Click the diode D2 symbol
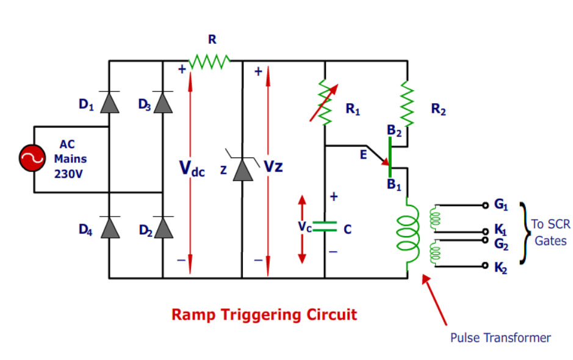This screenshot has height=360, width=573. [x=163, y=228]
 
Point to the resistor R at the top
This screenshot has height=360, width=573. [x=209, y=60]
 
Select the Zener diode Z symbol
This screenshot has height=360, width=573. [x=243, y=169]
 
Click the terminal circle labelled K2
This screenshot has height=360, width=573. [x=486, y=266]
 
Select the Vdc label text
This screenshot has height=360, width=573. [x=192, y=169]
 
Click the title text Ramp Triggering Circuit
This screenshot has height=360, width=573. [x=264, y=314]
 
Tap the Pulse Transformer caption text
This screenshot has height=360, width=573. [x=500, y=337]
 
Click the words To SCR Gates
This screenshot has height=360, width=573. [x=549, y=232]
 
